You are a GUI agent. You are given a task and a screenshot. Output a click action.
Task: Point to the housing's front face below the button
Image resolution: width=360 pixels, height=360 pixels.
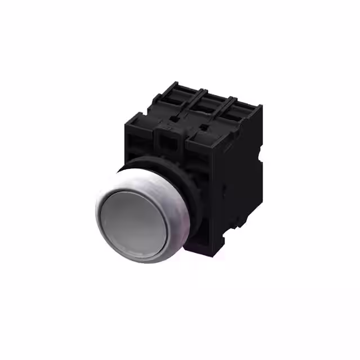tap(197, 236)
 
